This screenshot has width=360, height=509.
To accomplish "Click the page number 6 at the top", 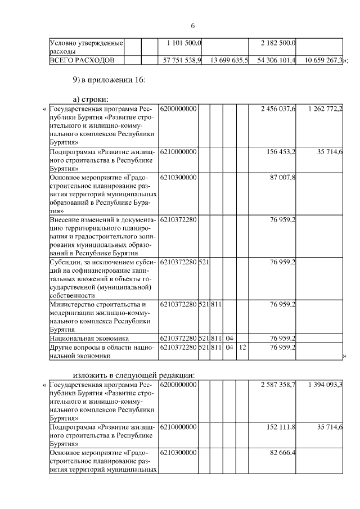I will tap(192, 26).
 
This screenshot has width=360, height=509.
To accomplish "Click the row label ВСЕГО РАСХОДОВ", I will tap(82, 60).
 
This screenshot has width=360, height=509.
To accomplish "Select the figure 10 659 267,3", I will tap(323, 60).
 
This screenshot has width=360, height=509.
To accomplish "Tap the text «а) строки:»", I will tap(92, 99).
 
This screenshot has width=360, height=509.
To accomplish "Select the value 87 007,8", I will tap(283, 178).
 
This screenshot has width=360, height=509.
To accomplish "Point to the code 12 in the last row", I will tap(242, 348).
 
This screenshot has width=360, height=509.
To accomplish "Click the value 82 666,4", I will tap(283, 453).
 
